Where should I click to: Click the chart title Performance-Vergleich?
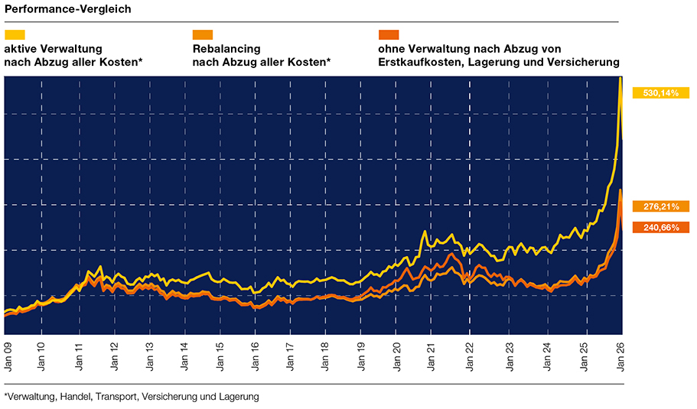[67, 9]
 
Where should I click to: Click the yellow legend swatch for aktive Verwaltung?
[15, 34]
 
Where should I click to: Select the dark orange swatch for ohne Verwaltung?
[389, 34]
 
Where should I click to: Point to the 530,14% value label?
[660, 93]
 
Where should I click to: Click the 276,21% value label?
[660, 206]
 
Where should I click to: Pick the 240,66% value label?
[660, 227]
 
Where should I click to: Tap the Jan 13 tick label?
[149, 357]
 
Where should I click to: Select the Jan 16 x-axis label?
[256, 357]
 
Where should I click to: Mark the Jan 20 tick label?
[396, 357]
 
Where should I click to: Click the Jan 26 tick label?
[620, 357]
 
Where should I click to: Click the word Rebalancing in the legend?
[226, 49]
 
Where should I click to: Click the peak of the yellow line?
[619, 78]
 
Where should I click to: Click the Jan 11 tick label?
[78, 357]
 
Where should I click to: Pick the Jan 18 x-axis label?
[324, 357]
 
